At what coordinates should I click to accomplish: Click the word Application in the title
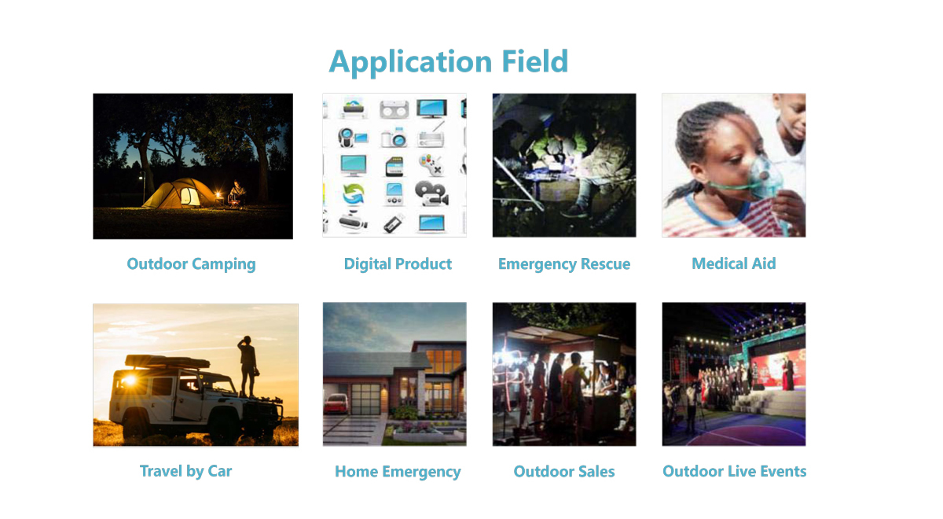coord(410,62)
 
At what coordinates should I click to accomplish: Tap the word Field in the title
coord(535,61)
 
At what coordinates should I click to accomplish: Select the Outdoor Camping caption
coord(191,264)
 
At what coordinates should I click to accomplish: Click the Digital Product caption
coord(398,264)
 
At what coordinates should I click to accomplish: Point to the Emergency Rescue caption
coord(564,264)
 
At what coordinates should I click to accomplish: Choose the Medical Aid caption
coord(734,263)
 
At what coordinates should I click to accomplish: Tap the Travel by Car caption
coord(185,471)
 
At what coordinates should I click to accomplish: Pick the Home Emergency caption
coord(398,472)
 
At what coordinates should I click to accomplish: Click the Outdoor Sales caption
coord(564,471)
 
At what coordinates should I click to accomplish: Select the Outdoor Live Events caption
coord(735,471)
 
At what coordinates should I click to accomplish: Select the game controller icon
coord(431,164)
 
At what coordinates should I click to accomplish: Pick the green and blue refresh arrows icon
coord(353,194)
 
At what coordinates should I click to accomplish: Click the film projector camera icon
coord(431,193)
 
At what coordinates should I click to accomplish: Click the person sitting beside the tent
coord(237,193)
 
